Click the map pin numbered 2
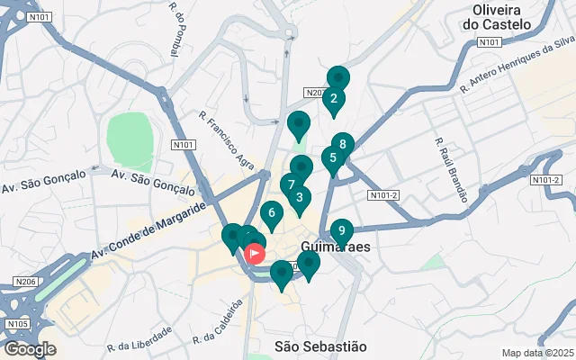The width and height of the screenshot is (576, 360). coord(334,99)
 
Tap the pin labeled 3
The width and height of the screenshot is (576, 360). coord(299,198)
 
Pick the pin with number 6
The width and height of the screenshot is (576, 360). coord(271,213)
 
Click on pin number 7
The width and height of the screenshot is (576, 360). coord(290,185)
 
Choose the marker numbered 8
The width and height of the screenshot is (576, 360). coord(342,144)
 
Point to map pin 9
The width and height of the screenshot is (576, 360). coord(341,231)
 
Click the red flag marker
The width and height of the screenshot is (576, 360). coord(256,253)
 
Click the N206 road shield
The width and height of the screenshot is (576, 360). coord(25,283)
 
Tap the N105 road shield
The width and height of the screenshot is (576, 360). coord(17,323)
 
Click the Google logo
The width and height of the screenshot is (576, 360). coord(29,349)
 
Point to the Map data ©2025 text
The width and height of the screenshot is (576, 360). coord(537,354)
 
